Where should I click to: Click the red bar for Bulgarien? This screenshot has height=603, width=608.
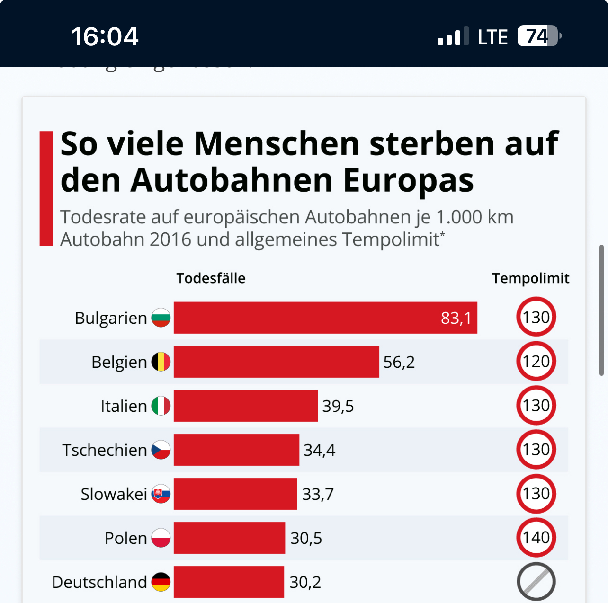pyautogui.click(x=325, y=318)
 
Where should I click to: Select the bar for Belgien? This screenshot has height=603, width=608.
pyautogui.click(x=276, y=362)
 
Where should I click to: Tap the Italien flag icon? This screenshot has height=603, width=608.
pyautogui.click(x=161, y=406)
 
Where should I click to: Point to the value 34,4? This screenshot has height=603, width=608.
pyautogui.click(x=319, y=450)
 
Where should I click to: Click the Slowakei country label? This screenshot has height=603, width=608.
pyautogui.click(x=114, y=494)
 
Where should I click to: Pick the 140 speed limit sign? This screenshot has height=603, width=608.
pyautogui.click(x=536, y=538)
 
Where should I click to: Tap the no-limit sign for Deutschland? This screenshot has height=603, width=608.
pyautogui.click(x=536, y=582)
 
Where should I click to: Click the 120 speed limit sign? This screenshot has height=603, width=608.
pyautogui.click(x=536, y=362)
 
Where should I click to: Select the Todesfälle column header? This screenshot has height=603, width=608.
pyautogui.click(x=211, y=278)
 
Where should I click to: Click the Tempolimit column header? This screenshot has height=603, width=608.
pyautogui.click(x=530, y=278)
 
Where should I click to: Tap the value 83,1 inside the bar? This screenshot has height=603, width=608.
pyautogui.click(x=456, y=318)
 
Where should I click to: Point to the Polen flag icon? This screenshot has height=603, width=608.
pyautogui.click(x=161, y=538)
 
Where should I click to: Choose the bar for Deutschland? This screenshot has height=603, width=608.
pyautogui.click(x=229, y=582)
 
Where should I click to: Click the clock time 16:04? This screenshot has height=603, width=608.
pyautogui.click(x=105, y=36)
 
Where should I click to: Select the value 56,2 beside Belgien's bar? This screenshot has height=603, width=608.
pyautogui.click(x=399, y=362)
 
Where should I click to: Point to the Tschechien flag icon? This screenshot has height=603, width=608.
pyautogui.click(x=161, y=450)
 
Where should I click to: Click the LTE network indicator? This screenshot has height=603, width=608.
pyautogui.click(x=492, y=37)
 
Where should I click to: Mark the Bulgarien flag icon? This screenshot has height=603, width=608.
pyautogui.click(x=161, y=318)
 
